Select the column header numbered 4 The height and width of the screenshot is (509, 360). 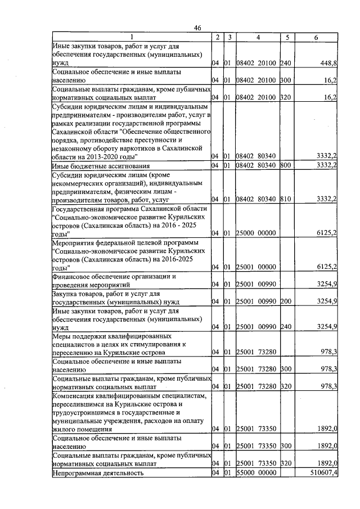click(x=257, y=37)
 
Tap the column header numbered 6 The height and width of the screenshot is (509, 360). click(x=316, y=37)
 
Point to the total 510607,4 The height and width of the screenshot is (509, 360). click(x=321, y=473)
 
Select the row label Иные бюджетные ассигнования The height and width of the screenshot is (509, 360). click(x=101, y=165)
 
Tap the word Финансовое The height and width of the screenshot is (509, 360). click(x=73, y=276)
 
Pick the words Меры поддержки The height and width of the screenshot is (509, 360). click(x=79, y=335)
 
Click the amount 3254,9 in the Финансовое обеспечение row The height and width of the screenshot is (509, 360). click(x=327, y=285)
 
